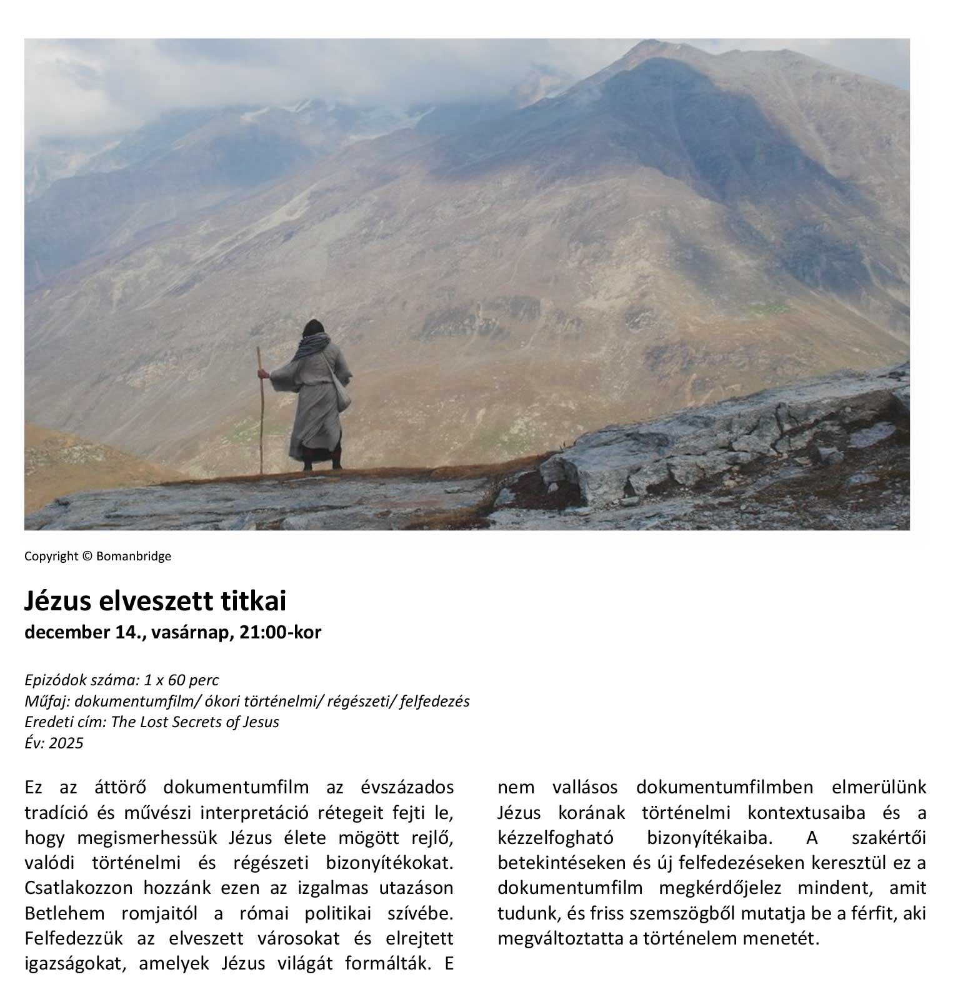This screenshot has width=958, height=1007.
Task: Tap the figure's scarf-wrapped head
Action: [312, 332]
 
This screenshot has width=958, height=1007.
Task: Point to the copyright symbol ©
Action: [87, 556]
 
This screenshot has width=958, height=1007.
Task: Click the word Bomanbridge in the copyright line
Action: [133, 556]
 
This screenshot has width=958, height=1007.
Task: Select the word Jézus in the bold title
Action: [57, 601]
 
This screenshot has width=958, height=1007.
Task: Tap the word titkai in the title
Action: [254, 601]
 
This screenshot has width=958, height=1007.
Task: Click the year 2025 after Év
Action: [66, 743]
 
